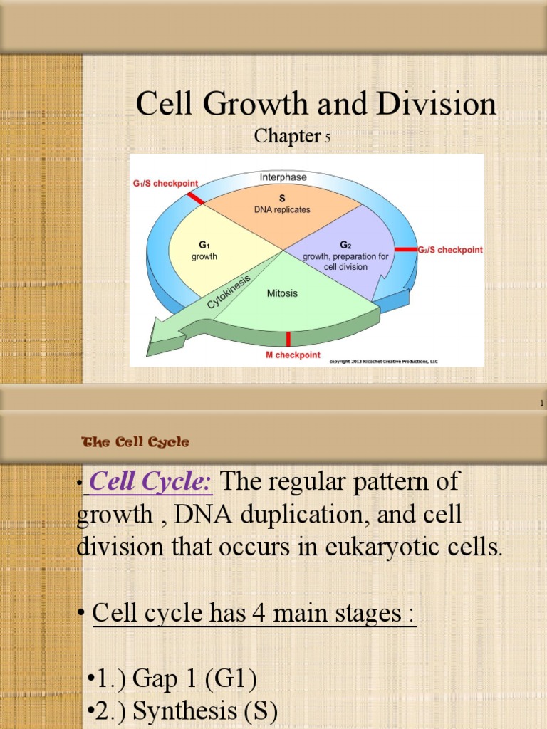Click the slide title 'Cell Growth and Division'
pyautogui.click(x=316, y=104)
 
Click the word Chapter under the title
pyautogui.click(x=286, y=136)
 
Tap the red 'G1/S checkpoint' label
pyautogui.click(x=165, y=183)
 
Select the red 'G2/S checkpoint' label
pyautogui.click(x=449, y=250)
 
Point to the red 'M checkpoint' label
pyautogui.click(x=288, y=355)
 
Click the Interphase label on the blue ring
pyautogui.click(x=283, y=176)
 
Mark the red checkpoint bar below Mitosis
pyautogui.click(x=288, y=339)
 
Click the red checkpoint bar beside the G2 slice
pyautogui.click(x=405, y=250)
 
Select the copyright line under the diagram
pyautogui.click(x=383, y=362)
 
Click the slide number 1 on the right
pyautogui.click(x=541, y=404)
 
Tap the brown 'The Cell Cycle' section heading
pyautogui.click(x=136, y=442)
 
